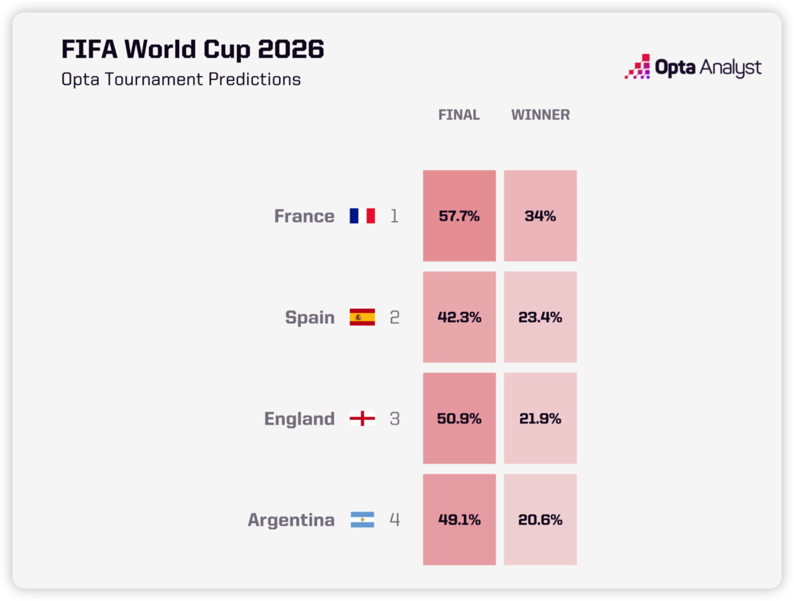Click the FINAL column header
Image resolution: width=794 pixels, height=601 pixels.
coord(459,115)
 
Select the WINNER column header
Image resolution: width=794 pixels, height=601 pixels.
coord(540,115)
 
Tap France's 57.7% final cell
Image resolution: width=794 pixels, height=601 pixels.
coord(459,216)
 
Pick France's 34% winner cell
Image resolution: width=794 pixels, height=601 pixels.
coord(540,216)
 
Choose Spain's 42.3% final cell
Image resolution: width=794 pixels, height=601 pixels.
coord(459,317)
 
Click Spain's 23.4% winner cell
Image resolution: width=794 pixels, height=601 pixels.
coord(540,317)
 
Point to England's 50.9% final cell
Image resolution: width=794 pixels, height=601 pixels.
coord(459,418)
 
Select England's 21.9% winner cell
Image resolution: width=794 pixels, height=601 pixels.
coord(540,418)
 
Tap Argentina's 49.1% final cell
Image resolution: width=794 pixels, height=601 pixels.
coord(459,520)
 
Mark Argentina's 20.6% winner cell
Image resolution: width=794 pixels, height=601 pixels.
coord(540,520)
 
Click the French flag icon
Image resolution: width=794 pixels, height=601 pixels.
coord(362,216)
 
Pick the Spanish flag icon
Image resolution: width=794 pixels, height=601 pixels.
coord(362,317)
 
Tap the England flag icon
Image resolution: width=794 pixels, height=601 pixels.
coord(362,418)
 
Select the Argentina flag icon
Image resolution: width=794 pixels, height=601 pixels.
coord(362,520)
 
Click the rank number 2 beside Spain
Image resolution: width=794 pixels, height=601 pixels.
coord(395,317)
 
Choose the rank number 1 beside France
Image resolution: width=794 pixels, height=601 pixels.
coord(395,216)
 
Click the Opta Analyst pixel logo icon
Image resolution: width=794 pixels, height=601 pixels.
coord(637,66)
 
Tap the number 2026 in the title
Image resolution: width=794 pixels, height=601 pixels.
coord(291,49)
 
